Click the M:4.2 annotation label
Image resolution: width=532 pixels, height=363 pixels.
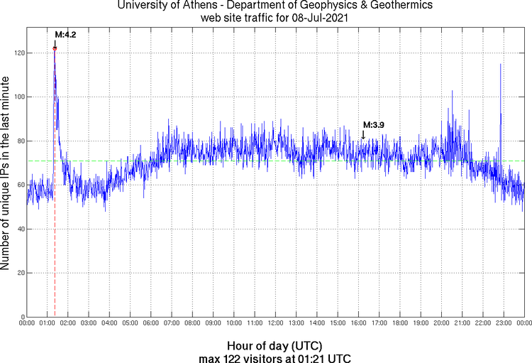pos(65,34)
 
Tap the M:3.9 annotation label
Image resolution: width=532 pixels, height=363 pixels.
pos(373,125)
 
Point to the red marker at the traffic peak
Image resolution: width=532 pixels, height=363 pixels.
pos(55,48)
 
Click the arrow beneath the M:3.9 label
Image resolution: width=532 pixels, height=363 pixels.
pos(363,134)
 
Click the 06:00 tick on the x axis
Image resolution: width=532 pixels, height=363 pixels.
pos(151,323)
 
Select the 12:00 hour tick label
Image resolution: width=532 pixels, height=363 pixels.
pos(275,323)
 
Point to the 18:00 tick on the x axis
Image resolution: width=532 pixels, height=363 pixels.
pos(400,323)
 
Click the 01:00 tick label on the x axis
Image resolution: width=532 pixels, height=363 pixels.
pos(48,323)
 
